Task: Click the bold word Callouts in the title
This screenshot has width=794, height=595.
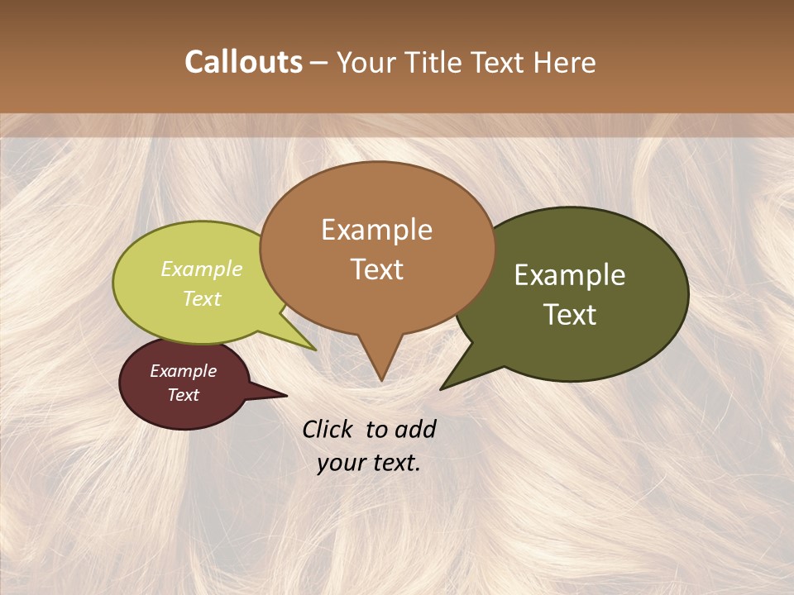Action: pyautogui.click(x=243, y=62)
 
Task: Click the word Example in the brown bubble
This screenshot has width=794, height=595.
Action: pyautogui.click(x=376, y=230)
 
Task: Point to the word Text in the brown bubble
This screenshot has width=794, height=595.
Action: pyautogui.click(x=376, y=269)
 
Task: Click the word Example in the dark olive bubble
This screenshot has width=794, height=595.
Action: pyautogui.click(x=570, y=275)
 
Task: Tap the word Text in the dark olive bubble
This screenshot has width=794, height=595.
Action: pyautogui.click(x=570, y=315)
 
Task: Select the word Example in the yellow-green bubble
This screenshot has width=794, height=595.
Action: pyautogui.click(x=202, y=269)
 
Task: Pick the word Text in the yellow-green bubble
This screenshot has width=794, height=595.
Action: pyautogui.click(x=202, y=298)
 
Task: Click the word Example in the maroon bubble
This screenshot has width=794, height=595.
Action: pyautogui.click(x=183, y=371)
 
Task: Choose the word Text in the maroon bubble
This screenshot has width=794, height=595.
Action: pyautogui.click(x=183, y=395)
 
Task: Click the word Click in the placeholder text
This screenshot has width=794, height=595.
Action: pyautogui.click(x=329, y=429)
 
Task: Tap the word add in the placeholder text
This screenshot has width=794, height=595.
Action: pyautogui.click(x=415, y=429)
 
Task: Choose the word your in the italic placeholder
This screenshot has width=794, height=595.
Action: pyautogui.click(x=341, y=462)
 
